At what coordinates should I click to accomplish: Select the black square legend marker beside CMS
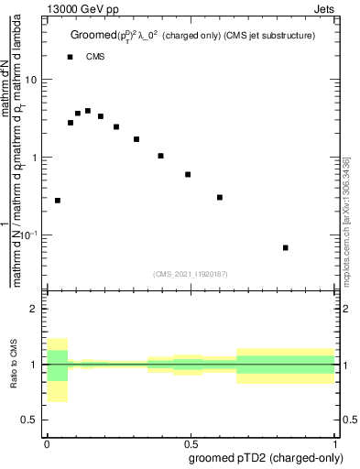[x=71, y=57]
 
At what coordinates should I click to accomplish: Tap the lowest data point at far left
[x=58, y=200]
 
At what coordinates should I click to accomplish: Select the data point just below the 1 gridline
[x=188, y=174]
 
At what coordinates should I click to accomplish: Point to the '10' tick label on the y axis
[x=32, y=80]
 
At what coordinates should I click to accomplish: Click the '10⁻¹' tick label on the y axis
[x=30, y=235]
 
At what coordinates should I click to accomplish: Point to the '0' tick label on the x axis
[x=47, y=443]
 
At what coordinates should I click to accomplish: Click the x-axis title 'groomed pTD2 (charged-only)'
[x=265, y=458]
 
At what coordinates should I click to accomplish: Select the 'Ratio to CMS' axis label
[x=15, y=365]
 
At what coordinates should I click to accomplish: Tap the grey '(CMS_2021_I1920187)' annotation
[x=191, y=272]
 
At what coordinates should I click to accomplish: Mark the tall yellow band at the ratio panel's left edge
[x=58, y=370]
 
